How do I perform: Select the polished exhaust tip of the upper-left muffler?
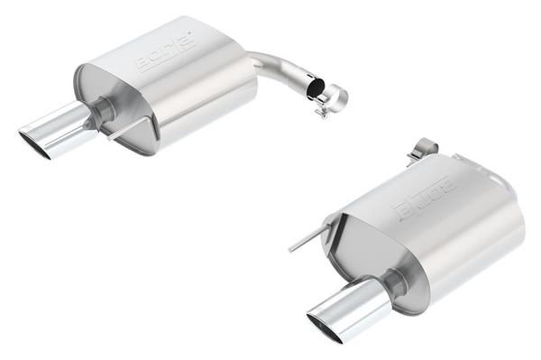click(56, 132)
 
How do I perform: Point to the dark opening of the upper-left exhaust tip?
click(34, 144)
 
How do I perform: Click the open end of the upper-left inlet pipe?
click(313, 88)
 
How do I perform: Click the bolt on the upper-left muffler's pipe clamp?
click(319, 111)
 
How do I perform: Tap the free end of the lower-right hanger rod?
click(290, 248)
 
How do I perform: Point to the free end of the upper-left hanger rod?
click(107, 138)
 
